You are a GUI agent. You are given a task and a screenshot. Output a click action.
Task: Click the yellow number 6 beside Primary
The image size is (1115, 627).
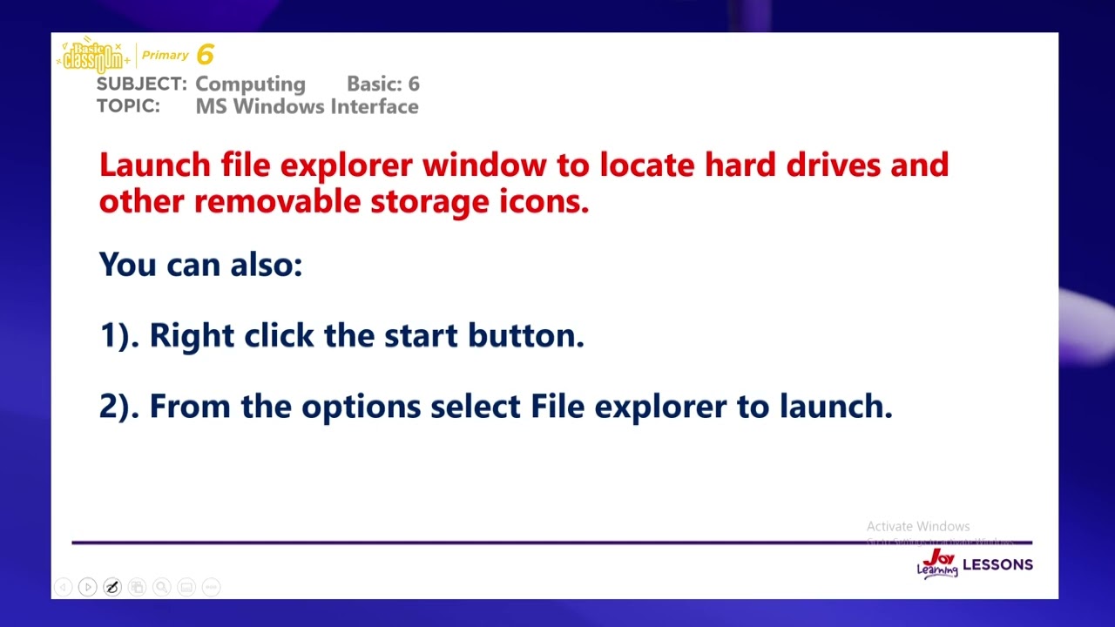click(205, 55)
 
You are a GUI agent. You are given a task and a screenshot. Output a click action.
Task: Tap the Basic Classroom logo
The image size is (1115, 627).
click(93, 57)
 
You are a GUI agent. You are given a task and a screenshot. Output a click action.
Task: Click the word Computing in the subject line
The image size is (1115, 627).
click(250, 84)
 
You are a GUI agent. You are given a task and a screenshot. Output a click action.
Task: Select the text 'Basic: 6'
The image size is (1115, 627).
click(382, 84)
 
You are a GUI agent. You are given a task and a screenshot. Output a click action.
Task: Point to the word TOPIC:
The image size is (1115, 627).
click(128, 106)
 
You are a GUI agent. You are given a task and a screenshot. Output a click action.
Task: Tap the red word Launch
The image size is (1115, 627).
click(155, 165)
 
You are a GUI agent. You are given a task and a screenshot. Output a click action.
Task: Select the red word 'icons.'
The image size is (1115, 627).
click(544, 201)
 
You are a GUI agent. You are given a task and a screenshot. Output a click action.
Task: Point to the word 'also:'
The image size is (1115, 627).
click(266, 264)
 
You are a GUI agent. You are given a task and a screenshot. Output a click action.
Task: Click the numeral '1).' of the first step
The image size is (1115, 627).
click(118, 335)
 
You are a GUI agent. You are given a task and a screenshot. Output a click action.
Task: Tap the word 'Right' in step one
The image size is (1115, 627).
click(192, 335)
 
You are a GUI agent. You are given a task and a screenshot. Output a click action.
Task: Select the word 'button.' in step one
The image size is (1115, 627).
click(525, 335)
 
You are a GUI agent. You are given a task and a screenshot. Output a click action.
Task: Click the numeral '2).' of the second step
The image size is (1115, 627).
click(118, 406)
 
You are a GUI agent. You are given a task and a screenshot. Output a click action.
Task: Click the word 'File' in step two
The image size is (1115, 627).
click(557, 406)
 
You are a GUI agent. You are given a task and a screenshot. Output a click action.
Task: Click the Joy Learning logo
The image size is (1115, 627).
click(937, 564)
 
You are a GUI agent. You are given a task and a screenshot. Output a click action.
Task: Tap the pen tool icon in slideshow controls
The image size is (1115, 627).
click(112, 587)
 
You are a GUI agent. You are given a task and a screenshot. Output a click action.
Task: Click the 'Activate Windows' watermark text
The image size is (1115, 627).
click(918, 526)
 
